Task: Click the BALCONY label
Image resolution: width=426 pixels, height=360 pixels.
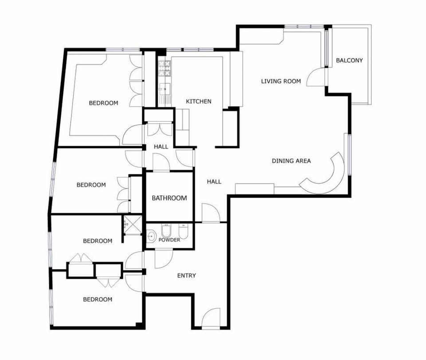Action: [x=349, y=60]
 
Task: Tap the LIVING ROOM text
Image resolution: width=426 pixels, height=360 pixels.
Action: [x=281, y=81]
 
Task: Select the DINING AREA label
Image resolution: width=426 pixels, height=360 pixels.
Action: [x=291, y=161]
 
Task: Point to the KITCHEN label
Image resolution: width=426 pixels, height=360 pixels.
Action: [x=199, y=101]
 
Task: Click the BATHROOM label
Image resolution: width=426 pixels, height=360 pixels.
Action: [x=169, y=198]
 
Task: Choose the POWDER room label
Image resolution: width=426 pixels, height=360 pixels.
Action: [x=169, y=240]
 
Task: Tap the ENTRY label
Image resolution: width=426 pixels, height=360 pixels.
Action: [x=186, y=276]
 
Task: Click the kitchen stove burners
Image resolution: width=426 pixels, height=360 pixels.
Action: [x=165, y=68]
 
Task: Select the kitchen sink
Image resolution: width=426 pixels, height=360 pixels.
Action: [x=165, y=89]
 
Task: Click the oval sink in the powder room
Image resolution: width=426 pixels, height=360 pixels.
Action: [x=151, y=236]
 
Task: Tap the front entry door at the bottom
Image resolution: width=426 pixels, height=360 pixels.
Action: [x=211, y=318]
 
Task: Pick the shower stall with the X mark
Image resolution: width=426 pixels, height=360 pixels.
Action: [x=133, y=225]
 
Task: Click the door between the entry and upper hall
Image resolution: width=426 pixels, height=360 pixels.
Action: [x=211, y=213]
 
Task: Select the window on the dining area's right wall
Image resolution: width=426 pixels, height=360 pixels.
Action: [x=348, y=154]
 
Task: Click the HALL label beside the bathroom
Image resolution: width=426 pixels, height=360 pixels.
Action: [x=214, y=182]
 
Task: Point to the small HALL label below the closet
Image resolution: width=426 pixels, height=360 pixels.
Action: [x=161, y=147]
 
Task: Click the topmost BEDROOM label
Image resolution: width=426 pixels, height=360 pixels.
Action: [x=103, y=103]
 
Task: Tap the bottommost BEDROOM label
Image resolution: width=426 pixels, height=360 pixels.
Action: [x=98, y=300]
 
